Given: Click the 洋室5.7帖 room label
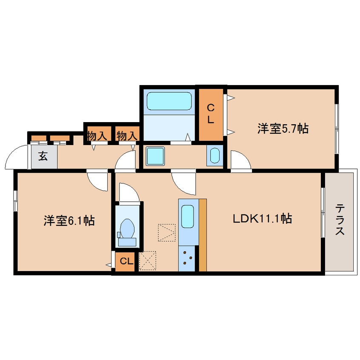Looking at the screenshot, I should coord(283,129).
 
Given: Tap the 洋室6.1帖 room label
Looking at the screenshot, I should coord(69,220).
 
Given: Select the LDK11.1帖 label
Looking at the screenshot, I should coord(262,219).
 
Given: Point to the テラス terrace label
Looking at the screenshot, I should coord(340,220).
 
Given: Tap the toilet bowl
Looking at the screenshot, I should coord(127,229).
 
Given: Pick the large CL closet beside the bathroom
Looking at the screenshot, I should coord(211,114).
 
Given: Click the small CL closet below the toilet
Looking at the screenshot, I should coord(126,261).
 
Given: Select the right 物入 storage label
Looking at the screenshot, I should coord(127,136).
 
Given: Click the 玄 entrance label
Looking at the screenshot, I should coord(43,156).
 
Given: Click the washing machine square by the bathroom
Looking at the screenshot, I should coord(155,156).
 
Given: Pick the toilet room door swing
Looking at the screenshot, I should coord(129,192).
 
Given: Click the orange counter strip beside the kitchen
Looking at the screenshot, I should coord(203,234).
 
